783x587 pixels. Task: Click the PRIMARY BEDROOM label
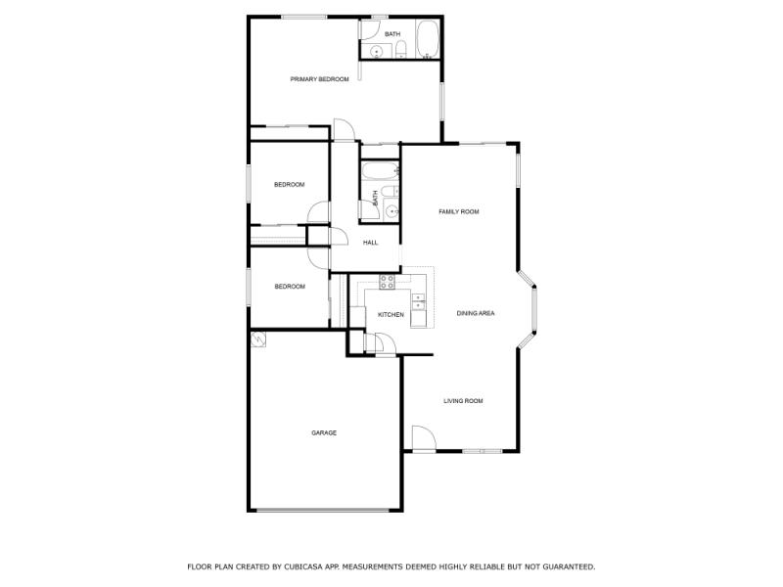tap(319, 79)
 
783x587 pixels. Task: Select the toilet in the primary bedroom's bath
tap(400, 51)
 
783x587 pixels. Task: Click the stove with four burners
tap(387, 283)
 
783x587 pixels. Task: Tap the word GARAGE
tap(324, 432)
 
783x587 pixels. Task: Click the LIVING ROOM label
tap(463, 401)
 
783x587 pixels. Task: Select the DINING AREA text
tap(476, 313)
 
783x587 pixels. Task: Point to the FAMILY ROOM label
tap(458, 211)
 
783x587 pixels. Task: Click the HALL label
tap(371, 243)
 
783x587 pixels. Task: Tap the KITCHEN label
tap(391, 314)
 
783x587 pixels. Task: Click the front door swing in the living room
tap(422, 438)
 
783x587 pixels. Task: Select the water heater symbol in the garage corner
tap(258, 339)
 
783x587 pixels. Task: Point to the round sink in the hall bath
tap(391, 209)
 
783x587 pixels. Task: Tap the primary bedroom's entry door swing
tap(343, 129)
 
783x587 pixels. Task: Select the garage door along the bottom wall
tap(325, 510)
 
